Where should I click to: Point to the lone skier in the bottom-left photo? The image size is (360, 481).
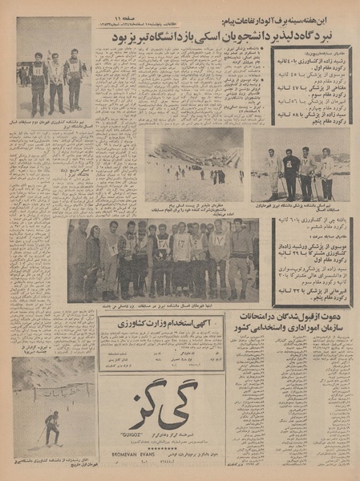click(52, 427)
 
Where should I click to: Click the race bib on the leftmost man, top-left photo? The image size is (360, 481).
click(37, 71)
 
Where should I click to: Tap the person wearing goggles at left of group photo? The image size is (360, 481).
click(93, 255)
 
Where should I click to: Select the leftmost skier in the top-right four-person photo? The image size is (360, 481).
click(273, 172)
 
